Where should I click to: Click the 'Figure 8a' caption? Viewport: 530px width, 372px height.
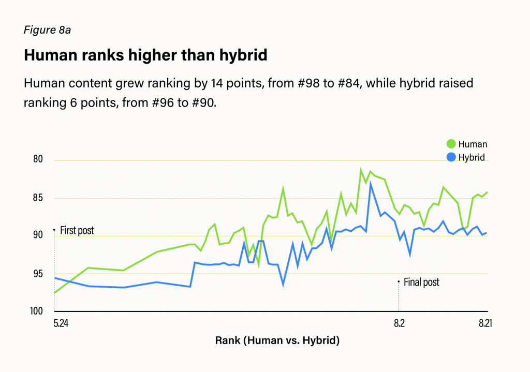pyautogui.click(x=47, y=30)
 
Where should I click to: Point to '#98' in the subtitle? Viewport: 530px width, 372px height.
pyautogui.click(x=304, y=83)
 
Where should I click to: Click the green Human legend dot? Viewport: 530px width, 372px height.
pyautogui.click(x=450, y=144)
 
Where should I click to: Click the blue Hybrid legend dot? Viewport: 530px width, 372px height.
pyautogui.click(x=450, y=157)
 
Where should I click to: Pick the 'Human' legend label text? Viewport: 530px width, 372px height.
pyautogui.click(x=473, y=144)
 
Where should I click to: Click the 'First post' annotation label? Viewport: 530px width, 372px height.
pyautogui.click(x=77, y=230)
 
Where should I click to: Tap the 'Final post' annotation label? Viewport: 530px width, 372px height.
pyautogui.click(x=421, y=282)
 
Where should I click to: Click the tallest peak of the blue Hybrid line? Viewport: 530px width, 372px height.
pyautogui.click(x=371, y=184)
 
